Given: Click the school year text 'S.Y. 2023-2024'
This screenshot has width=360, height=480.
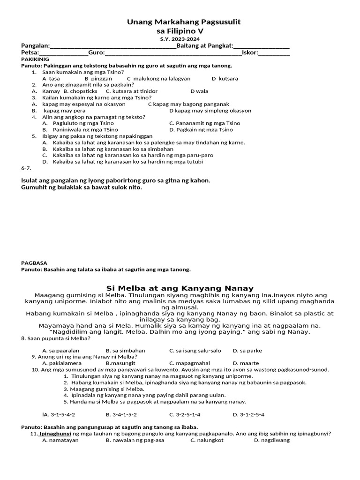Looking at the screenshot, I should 180,39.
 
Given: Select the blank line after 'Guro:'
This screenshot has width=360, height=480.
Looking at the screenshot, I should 173,53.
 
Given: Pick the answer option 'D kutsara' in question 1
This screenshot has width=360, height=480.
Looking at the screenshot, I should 225,79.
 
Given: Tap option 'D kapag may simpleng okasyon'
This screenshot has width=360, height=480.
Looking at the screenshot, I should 210,111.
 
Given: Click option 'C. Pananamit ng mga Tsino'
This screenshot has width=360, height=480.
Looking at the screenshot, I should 204,123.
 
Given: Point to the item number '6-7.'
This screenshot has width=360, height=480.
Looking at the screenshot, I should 26,168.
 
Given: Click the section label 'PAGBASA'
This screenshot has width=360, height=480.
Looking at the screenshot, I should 34,263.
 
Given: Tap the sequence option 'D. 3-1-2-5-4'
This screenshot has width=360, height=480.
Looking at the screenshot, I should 248,415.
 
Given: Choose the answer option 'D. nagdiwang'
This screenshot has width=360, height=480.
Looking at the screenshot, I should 272,440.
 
